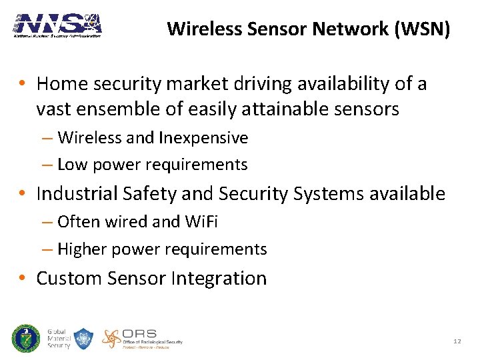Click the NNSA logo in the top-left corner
(x=57, y=25)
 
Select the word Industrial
(x=78, y=194)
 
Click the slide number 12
(x=457, y=341)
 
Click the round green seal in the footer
(x=25, y=339)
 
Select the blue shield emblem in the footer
(x=83, y=339)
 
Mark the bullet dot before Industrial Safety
(x=23, y=195)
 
